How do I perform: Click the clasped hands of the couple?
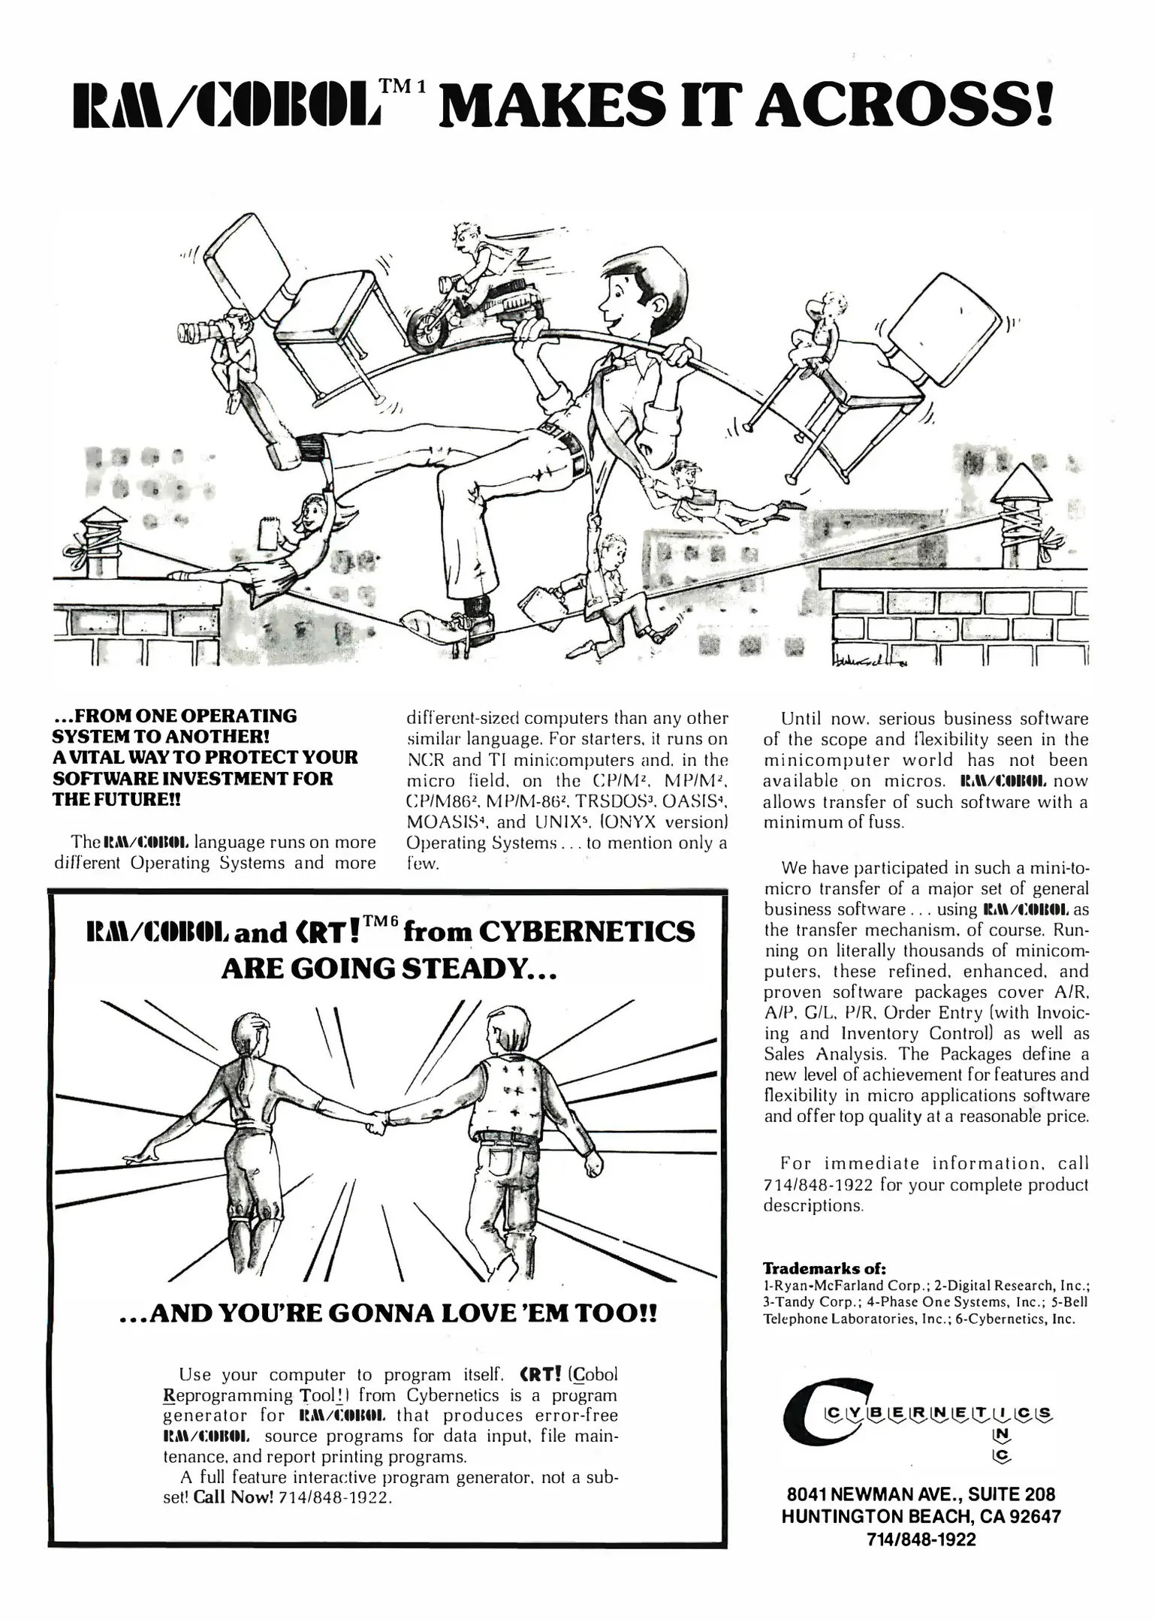(x=376, y=1126)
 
